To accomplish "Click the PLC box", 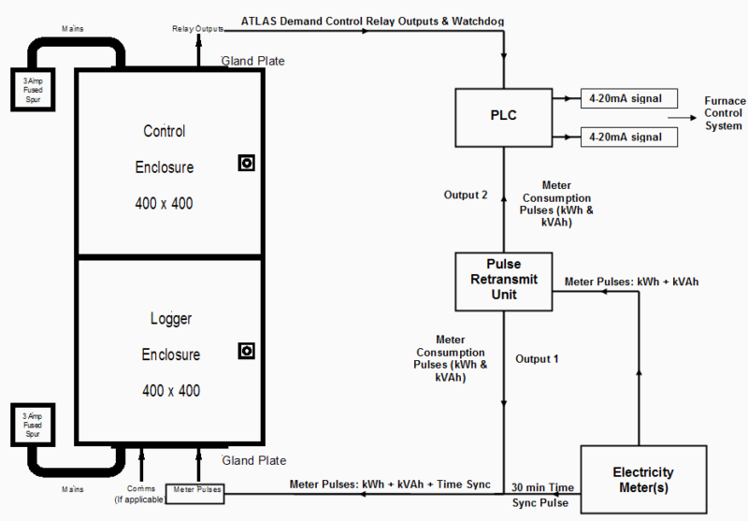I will tap(504, 117).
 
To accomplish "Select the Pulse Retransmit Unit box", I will tap(504, 282).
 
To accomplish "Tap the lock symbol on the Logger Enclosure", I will tap(247, 351).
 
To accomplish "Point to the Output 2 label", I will tap(466, 195).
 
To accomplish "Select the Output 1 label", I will tap(538, 358).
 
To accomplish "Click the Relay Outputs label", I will tap(197, 29).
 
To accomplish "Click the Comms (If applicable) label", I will tap(141, 494).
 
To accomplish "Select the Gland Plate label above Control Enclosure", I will tap(252, 62).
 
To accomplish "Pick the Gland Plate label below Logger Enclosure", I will tap(252, 461).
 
